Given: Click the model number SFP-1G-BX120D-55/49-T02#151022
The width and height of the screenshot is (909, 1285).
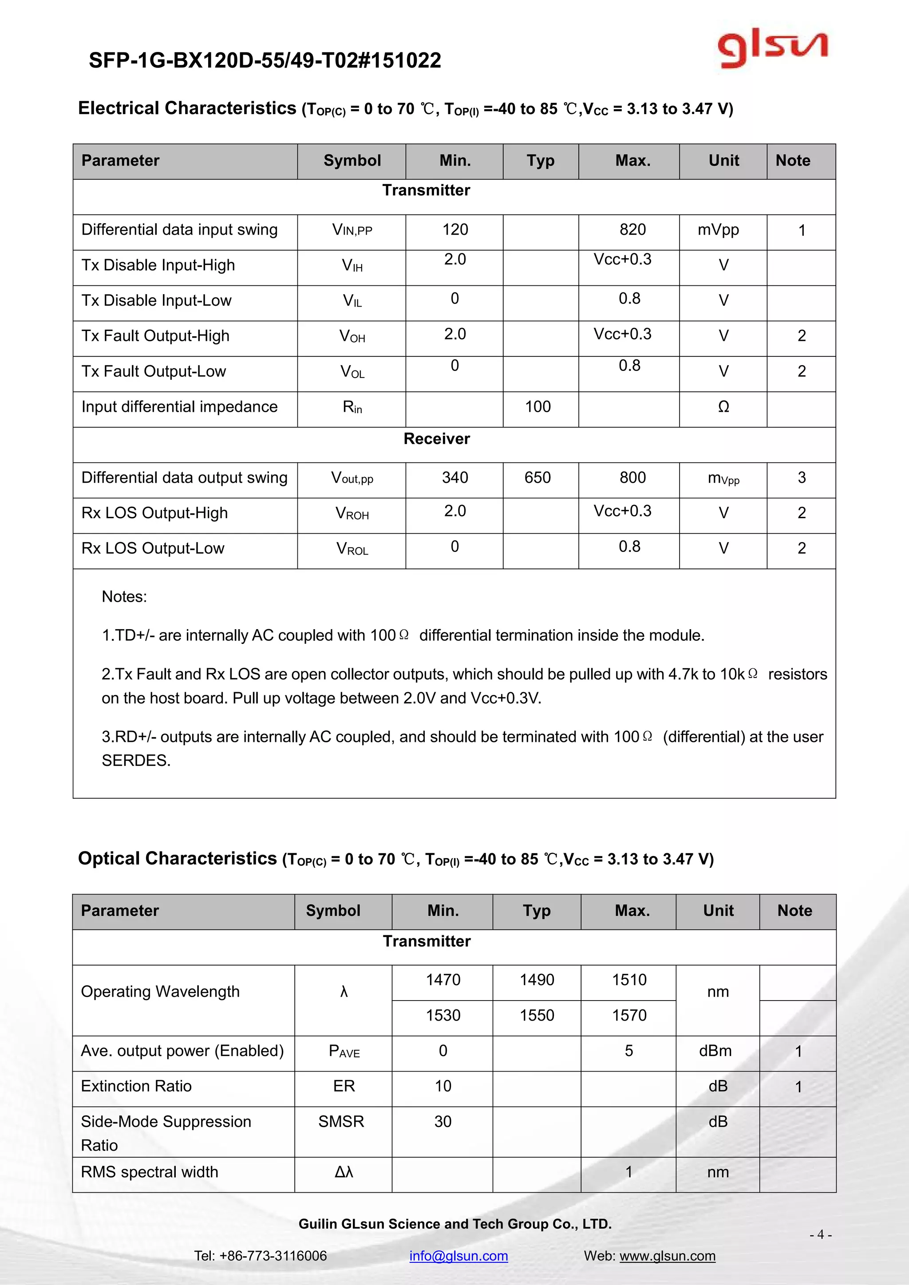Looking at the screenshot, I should coord(265,60).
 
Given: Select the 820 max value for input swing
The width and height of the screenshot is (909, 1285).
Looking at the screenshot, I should coord(632,229).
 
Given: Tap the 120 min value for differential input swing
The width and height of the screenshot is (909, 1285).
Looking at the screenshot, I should coord(455,229).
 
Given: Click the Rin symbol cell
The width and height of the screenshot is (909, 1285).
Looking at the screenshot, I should coord(352,407).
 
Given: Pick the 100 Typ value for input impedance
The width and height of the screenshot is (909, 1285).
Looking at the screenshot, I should coord(537,407).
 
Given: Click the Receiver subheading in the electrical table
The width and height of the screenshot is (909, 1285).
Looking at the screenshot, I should coord(437,439).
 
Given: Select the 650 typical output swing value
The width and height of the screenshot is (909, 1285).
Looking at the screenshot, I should coord(537,477).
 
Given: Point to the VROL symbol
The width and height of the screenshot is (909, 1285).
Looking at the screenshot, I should coord(352,548).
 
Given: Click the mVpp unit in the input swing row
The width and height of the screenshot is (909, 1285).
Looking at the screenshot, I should coord(718,229).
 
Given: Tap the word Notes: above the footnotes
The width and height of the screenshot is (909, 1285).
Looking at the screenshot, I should coord(124,597).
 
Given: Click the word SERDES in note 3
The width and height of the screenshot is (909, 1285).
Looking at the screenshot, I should coord(136,761).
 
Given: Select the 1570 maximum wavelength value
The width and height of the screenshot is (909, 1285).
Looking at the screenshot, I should coord(629,1015).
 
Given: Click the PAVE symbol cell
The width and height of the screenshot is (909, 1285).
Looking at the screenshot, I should coord(344,1051).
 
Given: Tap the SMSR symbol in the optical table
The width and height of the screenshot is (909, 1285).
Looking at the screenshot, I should coord(341,1122).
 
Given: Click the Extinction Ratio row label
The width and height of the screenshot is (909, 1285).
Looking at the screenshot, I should coord(136,1086).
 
